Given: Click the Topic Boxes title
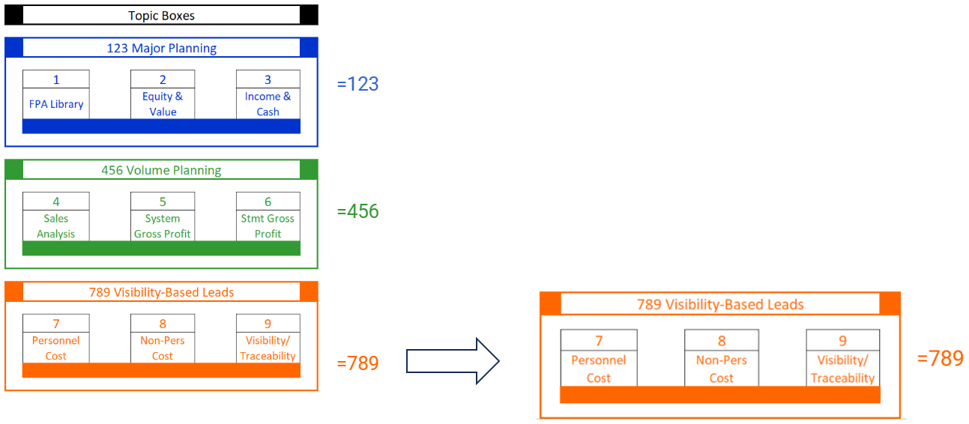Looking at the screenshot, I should point(161,15).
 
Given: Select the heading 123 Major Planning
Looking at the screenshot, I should point(161,49).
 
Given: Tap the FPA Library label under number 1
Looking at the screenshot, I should point(56,104).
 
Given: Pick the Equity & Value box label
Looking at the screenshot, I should point(163,104).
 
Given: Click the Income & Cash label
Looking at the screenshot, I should point(268,104).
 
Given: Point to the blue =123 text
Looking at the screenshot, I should point(357,84).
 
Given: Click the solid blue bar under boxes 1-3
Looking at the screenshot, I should point(161,126).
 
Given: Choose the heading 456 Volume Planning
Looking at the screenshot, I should point(161,170).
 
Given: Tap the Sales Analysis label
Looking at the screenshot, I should point(56,226).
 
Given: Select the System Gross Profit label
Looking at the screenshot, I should point(163,226).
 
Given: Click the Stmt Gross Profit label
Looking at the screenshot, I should point(268,226).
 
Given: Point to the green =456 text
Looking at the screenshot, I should point(357,212).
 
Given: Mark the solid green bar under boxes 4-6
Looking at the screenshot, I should point(161,248).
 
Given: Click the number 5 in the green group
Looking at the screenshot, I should point(163,202).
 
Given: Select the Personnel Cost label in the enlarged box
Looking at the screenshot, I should point(598,369).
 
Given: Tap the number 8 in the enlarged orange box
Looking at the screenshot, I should point(721,341).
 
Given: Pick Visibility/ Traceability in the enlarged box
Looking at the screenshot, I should point(842,369).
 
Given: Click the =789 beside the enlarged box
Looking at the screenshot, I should point(940,359).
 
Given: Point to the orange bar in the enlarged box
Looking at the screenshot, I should point(719,395).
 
